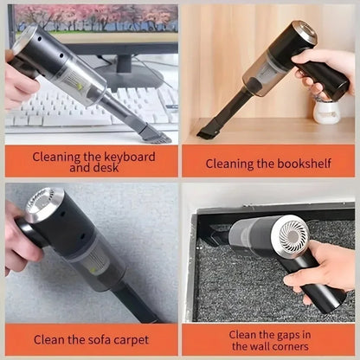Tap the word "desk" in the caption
tap(105, 169)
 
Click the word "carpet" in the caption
tap(130, 339)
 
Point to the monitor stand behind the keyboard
tap(130, 78)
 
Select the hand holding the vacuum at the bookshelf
tap(329, 74)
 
